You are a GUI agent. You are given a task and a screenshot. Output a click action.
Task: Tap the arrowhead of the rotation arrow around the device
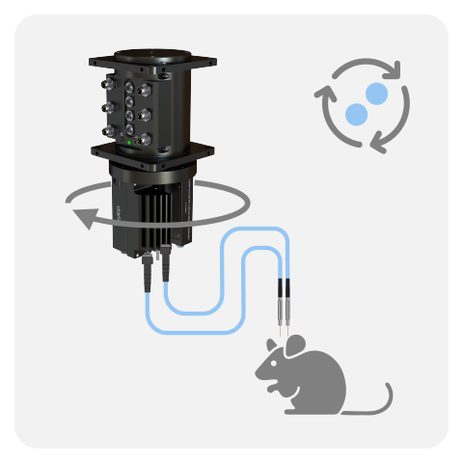point(86,220)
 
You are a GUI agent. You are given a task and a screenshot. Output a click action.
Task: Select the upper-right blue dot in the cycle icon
point(376,94)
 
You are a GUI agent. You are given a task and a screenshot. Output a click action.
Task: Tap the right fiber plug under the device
point(165,265)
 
